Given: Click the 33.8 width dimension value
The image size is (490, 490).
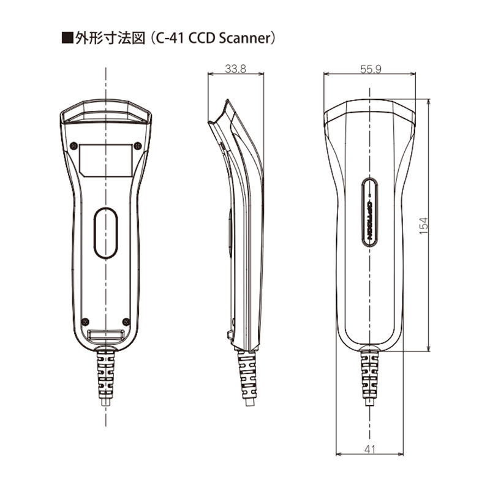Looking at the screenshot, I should click(x=235, y=70).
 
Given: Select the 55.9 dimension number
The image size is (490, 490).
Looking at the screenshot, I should click(x=371, y=70).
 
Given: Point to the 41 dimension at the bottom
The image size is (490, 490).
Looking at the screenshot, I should click(x=369, y=449).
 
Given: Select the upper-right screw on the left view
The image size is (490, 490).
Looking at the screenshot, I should click(x=137, y=146).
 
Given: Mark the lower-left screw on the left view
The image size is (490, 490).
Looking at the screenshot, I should click(x=86, y=322).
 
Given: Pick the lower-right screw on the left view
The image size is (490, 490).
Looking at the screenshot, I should click(x=126, y=322).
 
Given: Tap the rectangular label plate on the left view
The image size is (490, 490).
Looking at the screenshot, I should click(x=107, y=160).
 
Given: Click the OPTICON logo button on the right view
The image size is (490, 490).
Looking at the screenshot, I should click(x=369, y=211).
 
